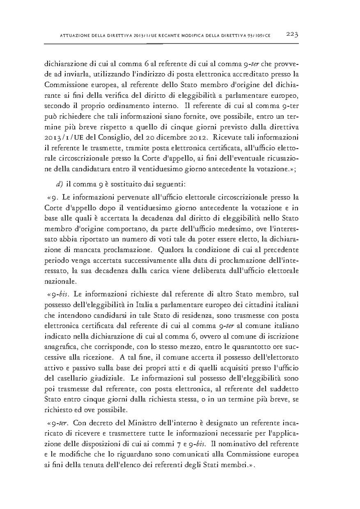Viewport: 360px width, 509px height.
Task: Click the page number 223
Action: (292, 35)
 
